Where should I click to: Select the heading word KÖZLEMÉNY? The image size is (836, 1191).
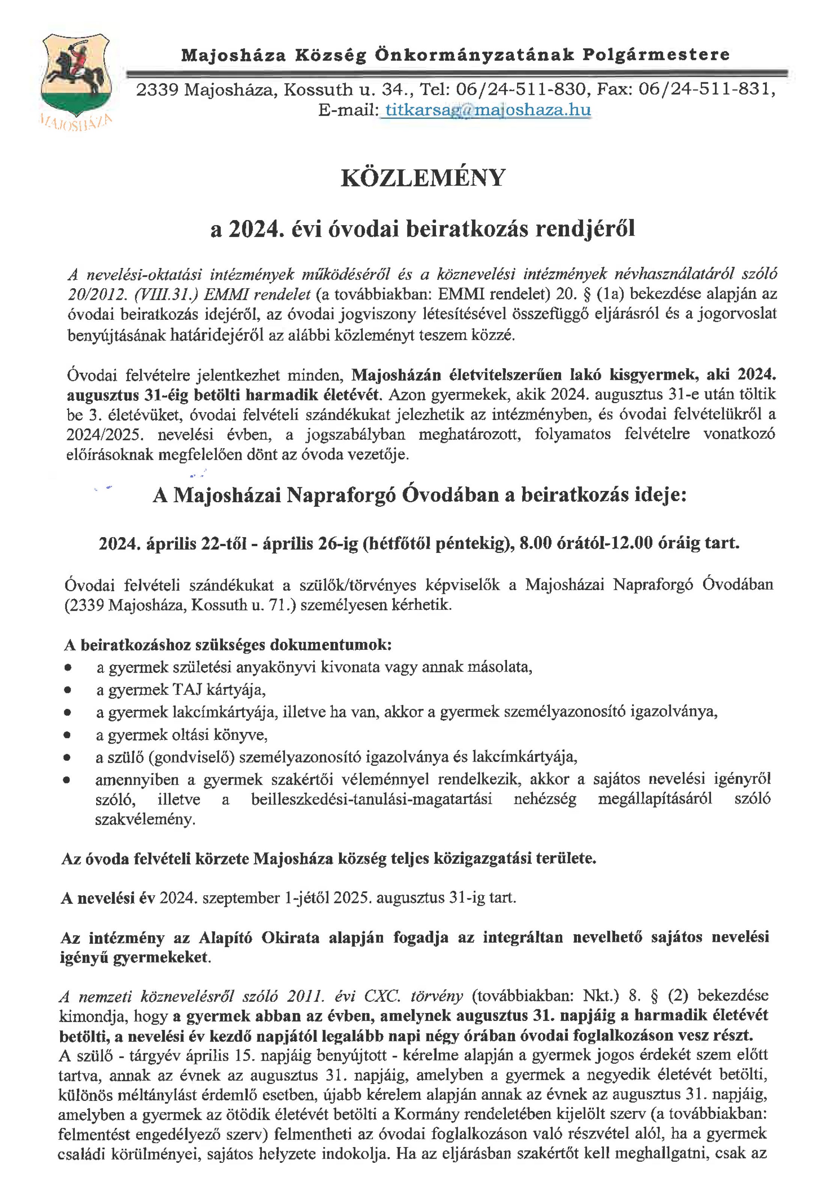[423, 178]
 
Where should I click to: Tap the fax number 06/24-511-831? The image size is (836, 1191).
[707, 90]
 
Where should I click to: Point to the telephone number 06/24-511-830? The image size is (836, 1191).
[522, 90]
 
